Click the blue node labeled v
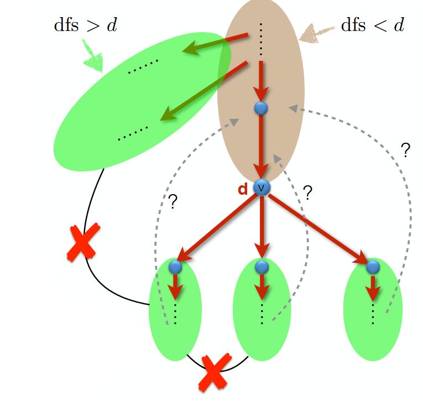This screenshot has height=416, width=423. tap(262, 188)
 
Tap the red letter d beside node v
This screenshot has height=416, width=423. tap(243, 189)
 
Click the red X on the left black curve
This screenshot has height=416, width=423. tap(83, 242)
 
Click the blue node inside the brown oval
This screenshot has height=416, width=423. tap(261, 108)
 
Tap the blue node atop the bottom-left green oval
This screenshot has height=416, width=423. tap(175, 267)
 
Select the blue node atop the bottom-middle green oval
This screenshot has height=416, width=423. tap(262, 267)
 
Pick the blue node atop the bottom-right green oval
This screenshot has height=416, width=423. tap(373, 267)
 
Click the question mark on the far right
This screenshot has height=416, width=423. tap(405, 150)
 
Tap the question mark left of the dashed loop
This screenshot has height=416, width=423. tap(173, 202)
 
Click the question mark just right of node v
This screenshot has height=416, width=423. tap(308, 193)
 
